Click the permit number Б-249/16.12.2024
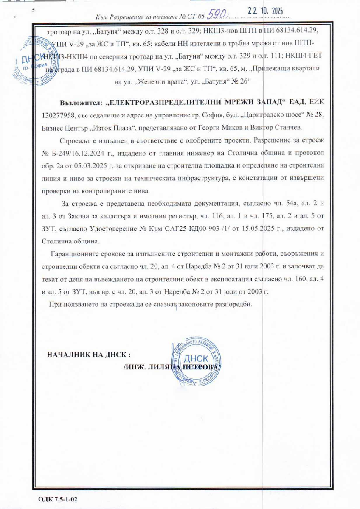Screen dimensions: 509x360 tap(80, 152)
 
